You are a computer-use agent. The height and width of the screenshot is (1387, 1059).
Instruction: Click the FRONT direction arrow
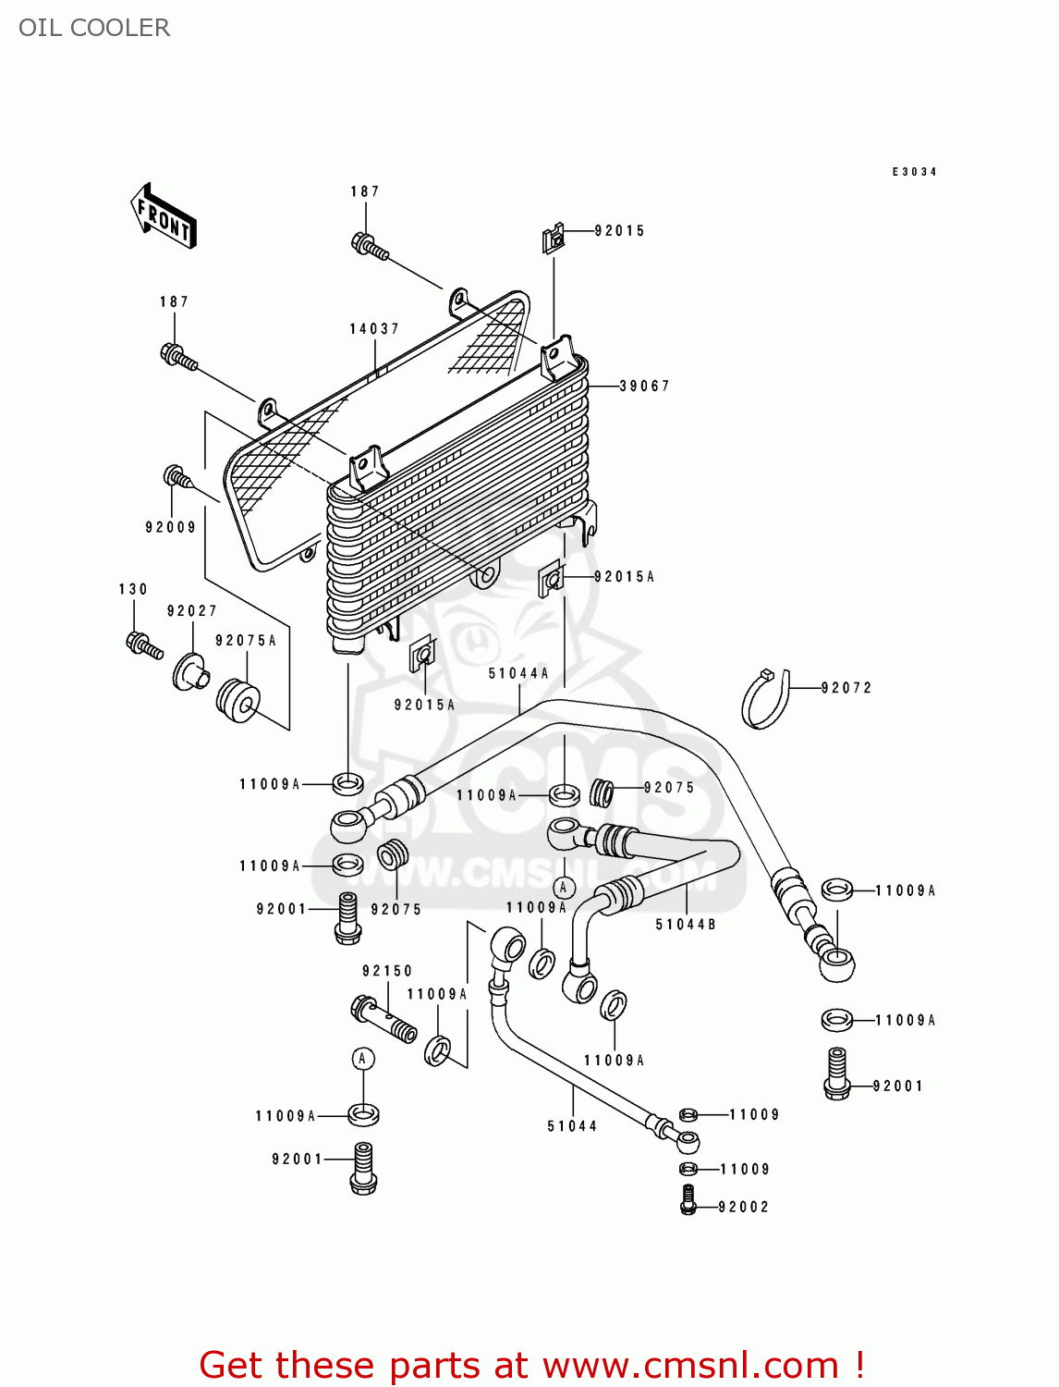click(164, 216)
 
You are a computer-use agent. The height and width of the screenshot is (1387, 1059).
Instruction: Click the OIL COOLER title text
click(94, 28)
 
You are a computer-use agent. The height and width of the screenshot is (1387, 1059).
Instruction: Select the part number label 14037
click(374, 329)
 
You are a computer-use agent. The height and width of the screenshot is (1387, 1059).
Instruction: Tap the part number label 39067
click(644, 386)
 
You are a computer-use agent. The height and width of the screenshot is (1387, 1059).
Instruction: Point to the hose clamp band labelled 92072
click(766, 699)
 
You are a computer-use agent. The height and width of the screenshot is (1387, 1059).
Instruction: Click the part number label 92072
click(846, 688)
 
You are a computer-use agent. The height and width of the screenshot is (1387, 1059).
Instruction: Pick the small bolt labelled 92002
click(688, 1199)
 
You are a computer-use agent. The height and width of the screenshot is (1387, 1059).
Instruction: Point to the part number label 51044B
click(686, 925)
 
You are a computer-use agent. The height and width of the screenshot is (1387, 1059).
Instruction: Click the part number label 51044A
click(518, 674)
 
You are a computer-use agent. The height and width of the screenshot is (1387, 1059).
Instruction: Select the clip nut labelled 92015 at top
click(553, 239)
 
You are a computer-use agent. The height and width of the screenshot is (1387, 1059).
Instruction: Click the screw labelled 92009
click(176, 478)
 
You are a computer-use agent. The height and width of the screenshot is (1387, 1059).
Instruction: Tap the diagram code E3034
click(914, 172)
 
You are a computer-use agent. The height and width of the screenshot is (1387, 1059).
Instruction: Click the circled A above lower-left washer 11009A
click(363, 1059)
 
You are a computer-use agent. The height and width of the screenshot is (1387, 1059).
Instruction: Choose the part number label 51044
click(572, 1126)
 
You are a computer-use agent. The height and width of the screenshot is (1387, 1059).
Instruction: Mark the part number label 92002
click(743, 1207)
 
